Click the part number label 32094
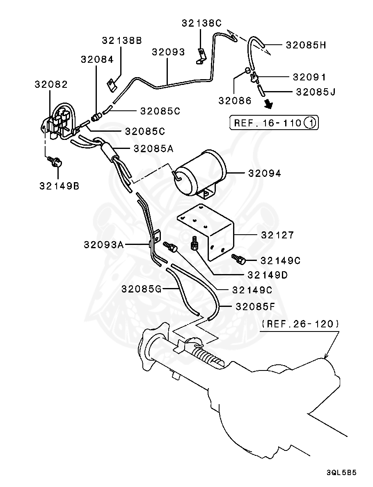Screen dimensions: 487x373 point(264,174)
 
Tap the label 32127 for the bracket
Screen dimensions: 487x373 point(277,235)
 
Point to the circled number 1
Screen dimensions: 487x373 point(310,123)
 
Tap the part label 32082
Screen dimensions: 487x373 point(51,85)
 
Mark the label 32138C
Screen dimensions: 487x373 point(201,23)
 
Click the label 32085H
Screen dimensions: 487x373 point(306,45)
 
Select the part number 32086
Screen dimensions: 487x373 point(235,101)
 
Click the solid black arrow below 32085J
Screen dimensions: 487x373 point(268,104)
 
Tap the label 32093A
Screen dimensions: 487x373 point(104,245)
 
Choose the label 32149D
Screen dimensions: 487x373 point(267,275)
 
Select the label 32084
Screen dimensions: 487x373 point(97,59)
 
